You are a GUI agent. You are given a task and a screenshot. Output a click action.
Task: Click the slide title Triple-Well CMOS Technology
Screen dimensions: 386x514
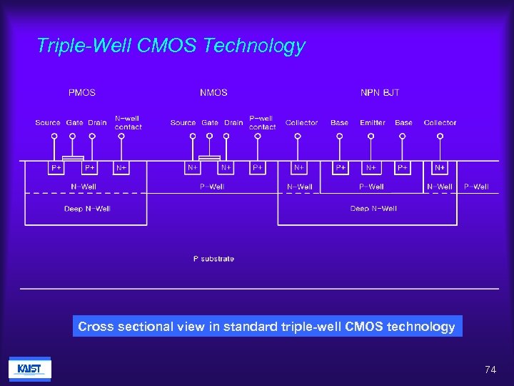171,46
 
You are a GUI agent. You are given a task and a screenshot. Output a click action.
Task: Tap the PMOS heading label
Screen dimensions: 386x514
81,92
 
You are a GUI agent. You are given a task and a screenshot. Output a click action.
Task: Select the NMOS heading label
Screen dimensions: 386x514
213,92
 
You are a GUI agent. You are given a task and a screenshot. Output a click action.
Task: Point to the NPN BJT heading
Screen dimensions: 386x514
380,92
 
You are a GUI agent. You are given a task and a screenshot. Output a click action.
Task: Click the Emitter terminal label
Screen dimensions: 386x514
372,123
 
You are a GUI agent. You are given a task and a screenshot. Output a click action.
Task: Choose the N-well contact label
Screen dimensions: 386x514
128,123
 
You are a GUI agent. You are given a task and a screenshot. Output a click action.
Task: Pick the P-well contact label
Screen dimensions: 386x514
262,123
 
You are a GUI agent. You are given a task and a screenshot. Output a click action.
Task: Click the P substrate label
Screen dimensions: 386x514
213,259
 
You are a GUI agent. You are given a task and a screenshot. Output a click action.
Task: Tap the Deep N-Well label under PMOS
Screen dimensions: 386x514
87,209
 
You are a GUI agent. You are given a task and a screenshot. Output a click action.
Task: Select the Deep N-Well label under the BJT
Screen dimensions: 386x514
373,209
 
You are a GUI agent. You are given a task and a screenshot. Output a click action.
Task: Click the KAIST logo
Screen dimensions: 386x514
29,369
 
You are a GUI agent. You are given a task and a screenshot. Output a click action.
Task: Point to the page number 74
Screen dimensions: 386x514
490,370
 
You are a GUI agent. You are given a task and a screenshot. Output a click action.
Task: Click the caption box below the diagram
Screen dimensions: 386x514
266,327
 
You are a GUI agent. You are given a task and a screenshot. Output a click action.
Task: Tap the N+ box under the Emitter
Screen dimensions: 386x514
371,167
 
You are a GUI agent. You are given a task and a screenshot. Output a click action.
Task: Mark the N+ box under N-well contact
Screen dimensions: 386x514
121,167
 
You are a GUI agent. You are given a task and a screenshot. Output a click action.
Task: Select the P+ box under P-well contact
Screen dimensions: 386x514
258,167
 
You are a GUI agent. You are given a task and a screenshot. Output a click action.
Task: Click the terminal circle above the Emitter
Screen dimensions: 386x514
371,134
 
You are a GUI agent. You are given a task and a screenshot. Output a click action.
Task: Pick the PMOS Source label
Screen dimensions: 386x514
48,123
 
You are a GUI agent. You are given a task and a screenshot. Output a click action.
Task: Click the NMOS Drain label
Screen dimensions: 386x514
233,123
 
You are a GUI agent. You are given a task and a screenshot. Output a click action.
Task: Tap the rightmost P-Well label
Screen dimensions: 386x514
476,187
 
